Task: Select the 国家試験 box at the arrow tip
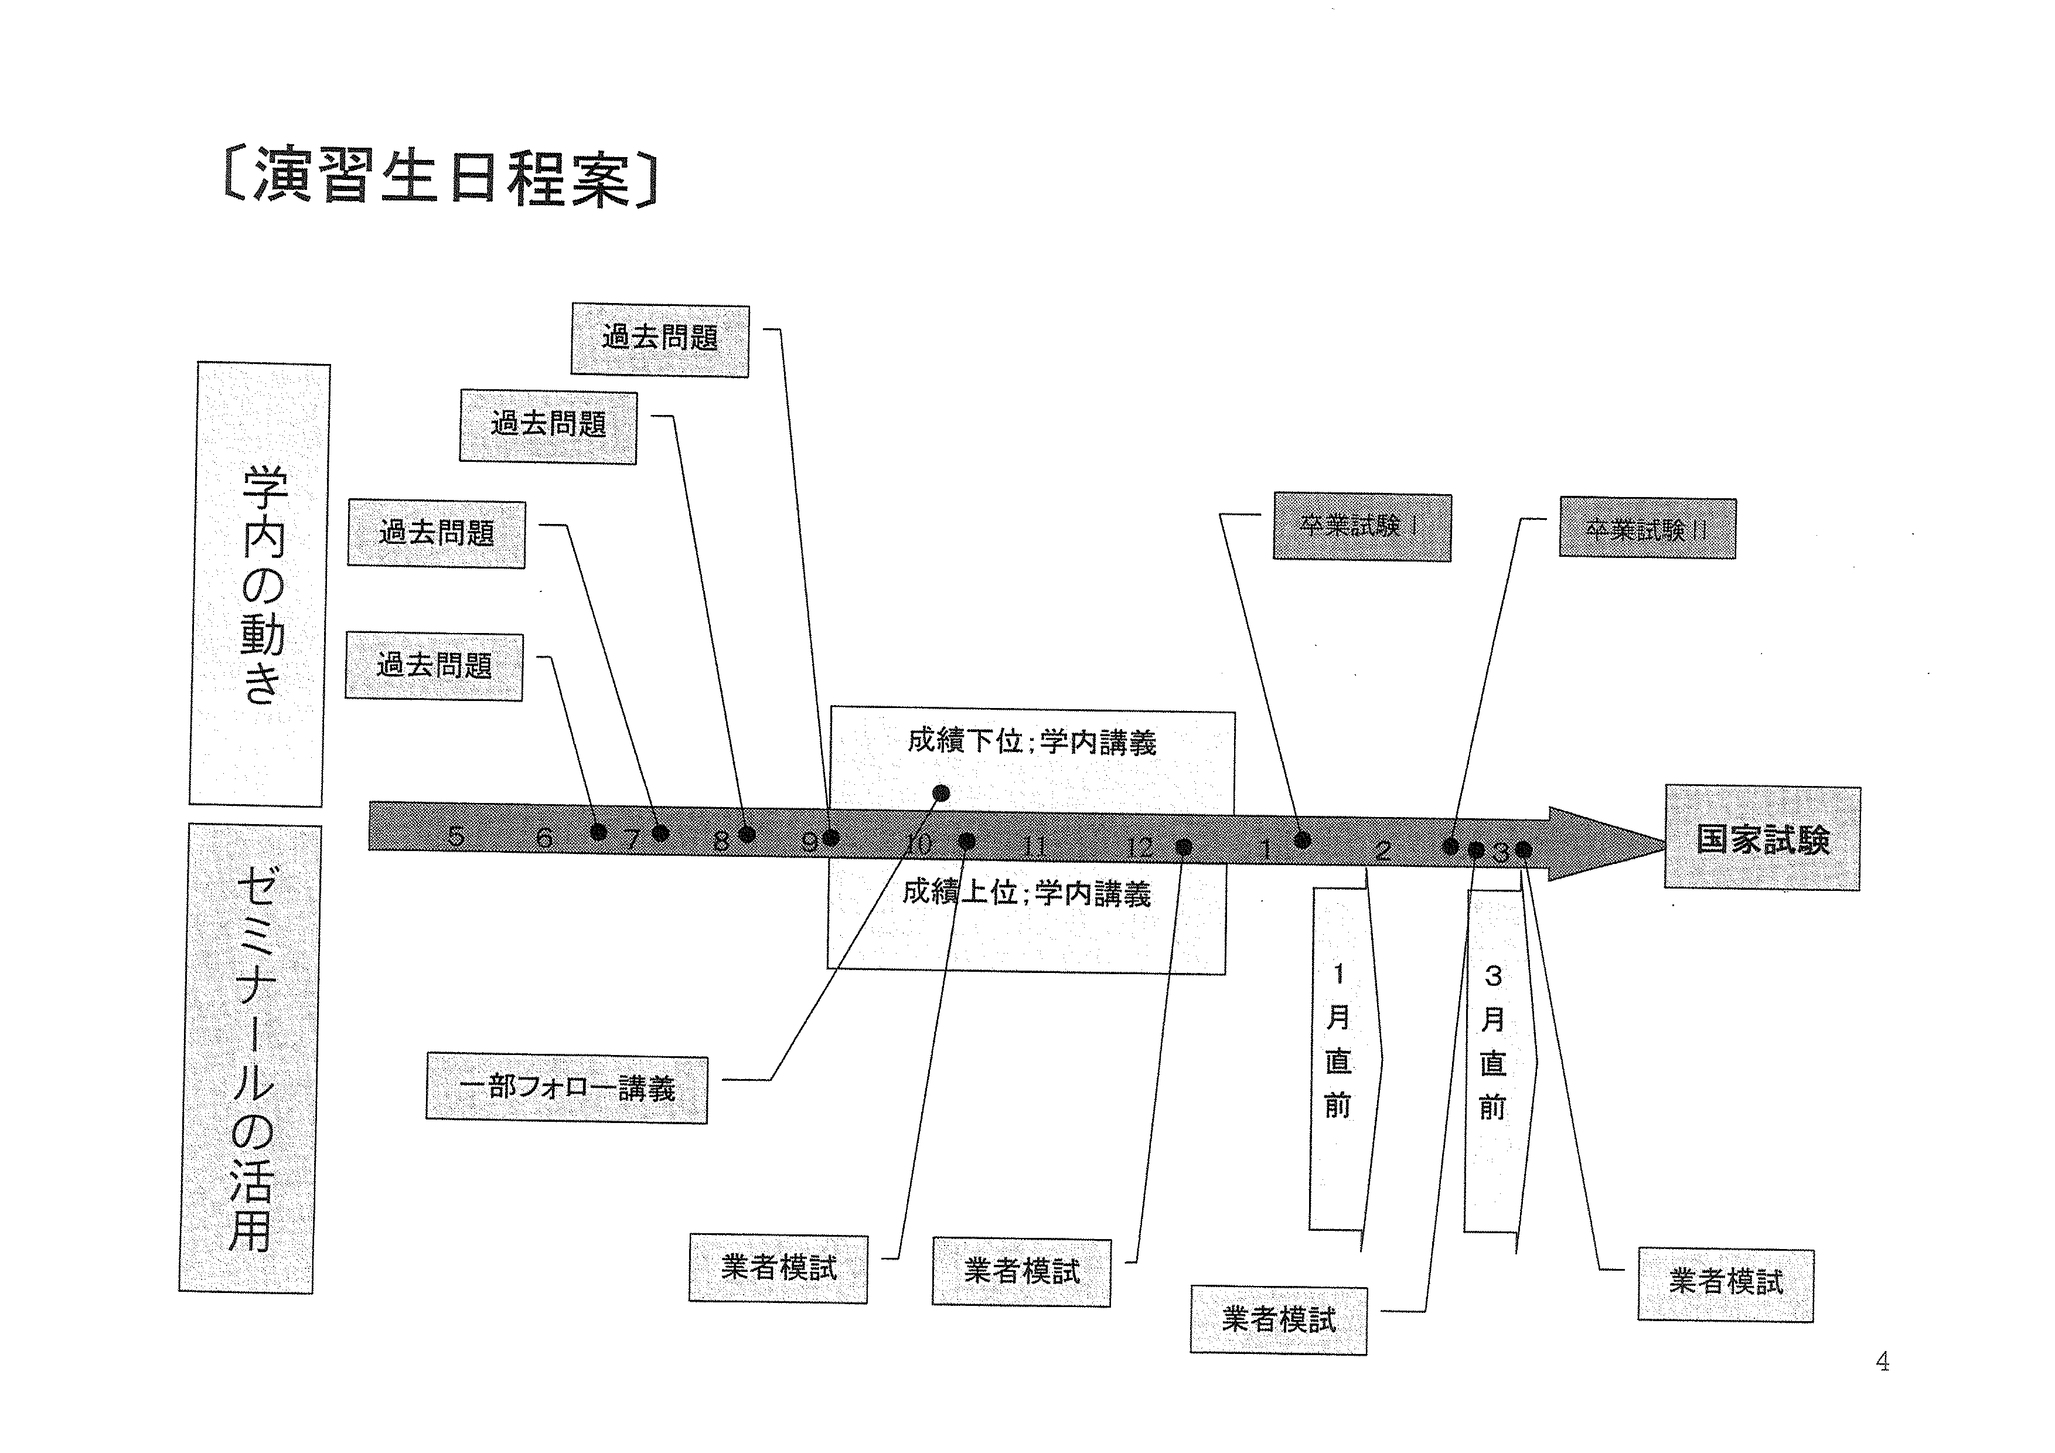tap(1761, 838)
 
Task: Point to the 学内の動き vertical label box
tap(260, 584)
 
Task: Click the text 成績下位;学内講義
tap(1031, 741)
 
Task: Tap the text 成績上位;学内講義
tap(1027, 893)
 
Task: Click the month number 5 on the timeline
tap(456, 836)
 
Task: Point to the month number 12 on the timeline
tap(1139, 846)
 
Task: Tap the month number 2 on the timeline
tap(1383, 850)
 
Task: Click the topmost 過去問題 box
tap(660, 339)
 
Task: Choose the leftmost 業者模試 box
tap(778, 1268)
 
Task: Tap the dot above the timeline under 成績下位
tap(940, 792)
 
